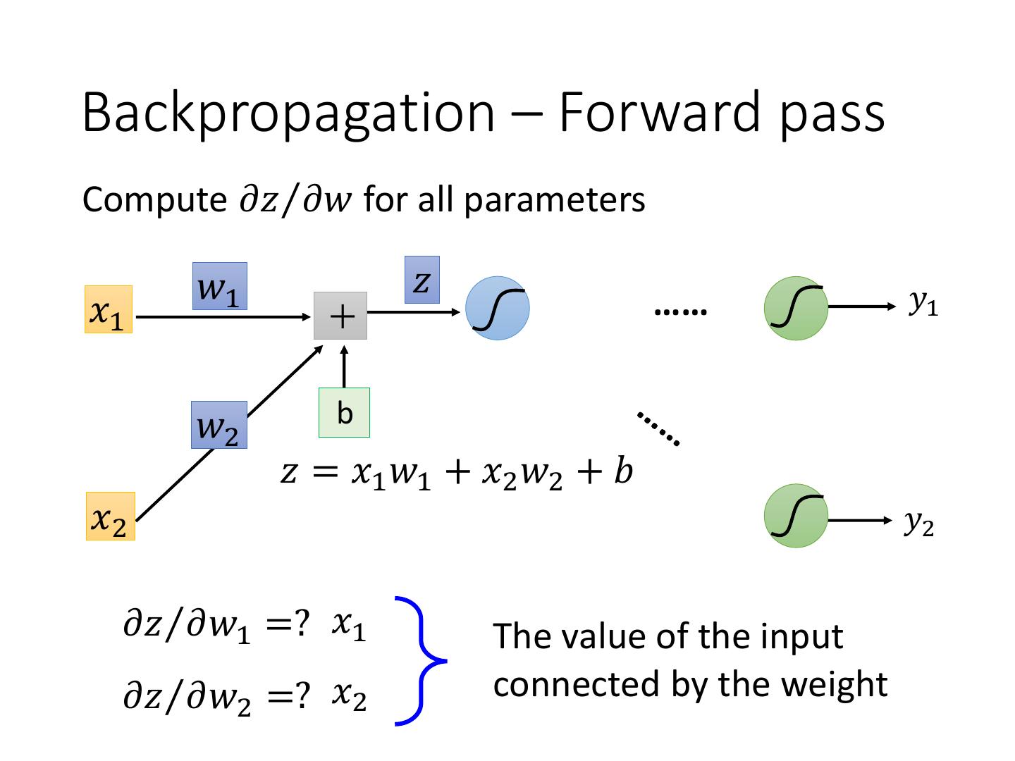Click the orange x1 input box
(x=109, y=309)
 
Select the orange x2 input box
(x=110, y=516)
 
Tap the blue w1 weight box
(x=219, y=286)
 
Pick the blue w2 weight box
(x=219, y=425)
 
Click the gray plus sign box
(x=340, y=316)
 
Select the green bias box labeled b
(x=344, y=412)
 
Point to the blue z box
(x=422, y=280)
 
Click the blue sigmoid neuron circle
(x=498, y=309)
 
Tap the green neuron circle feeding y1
(x=796, y=308)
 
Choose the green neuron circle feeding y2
(x=796, y=516)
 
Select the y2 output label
(x=918, y=522)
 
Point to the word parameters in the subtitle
(x=554, y=200)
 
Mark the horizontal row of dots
(x=680, y=311)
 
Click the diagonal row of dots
(x=658, y=428)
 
